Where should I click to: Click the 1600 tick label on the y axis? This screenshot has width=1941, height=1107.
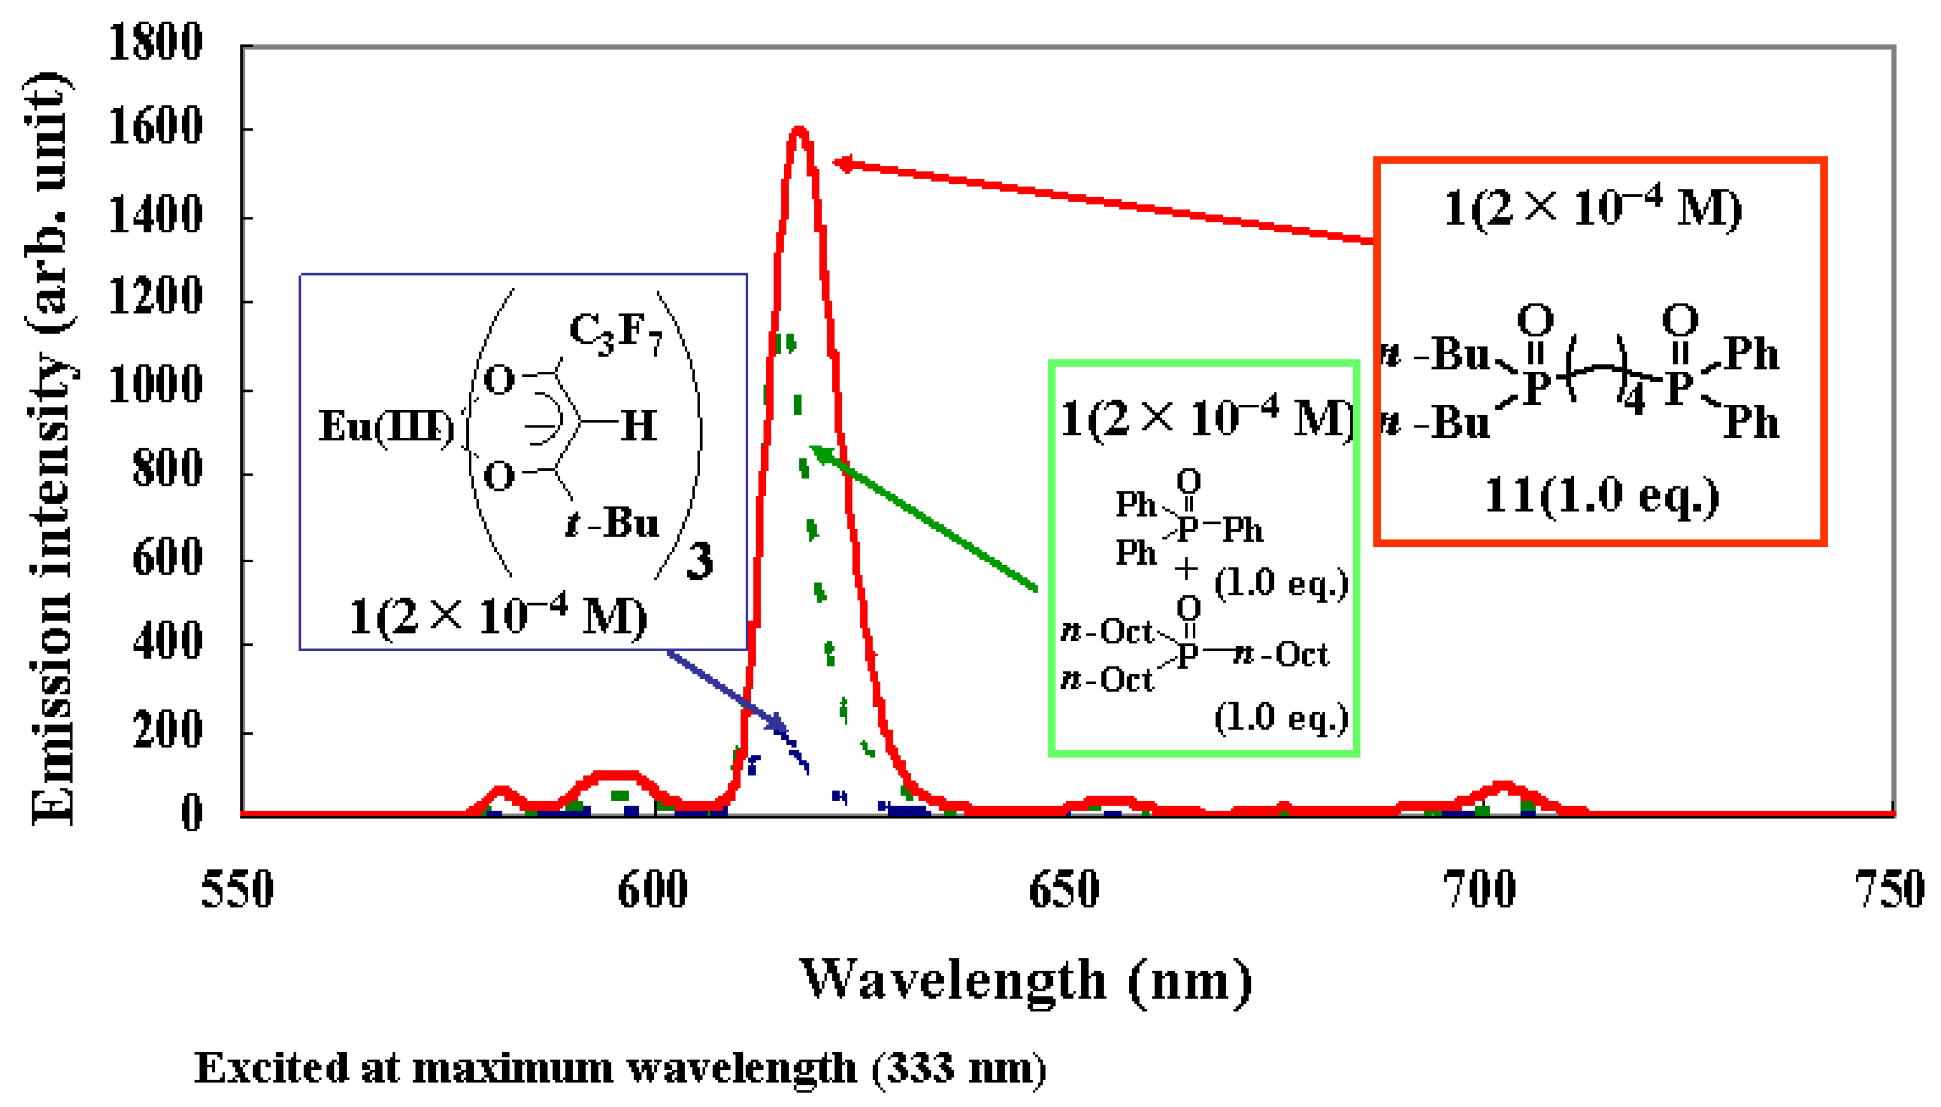155,127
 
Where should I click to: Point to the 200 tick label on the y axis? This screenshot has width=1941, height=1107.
167,731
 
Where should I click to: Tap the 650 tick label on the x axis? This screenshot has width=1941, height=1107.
1064,890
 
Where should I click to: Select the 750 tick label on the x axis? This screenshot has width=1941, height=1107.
1889,890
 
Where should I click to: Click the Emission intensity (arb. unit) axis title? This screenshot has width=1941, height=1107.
52,449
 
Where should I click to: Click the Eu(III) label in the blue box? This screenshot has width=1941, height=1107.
386,426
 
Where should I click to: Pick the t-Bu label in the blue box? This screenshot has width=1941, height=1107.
612,523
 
